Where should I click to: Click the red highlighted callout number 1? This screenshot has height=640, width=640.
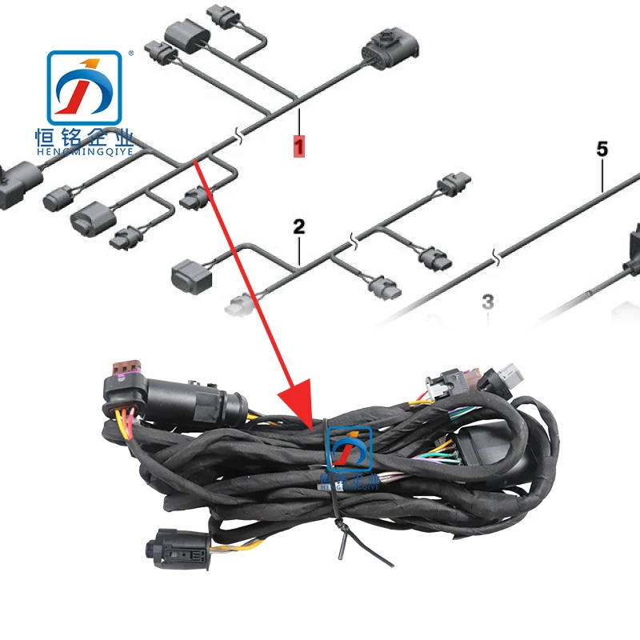pyautogui.click(x=299, y=146)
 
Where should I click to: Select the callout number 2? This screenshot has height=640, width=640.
pyautogui.click(x=298, y=226)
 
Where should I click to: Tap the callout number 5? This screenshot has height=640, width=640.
pyautogui.click(x=602, y=148)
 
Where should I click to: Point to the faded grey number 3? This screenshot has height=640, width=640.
pyautogui.click(x=488, y=302)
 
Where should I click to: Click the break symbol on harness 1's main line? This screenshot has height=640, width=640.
pyautogui.click(x=237, y=138)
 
